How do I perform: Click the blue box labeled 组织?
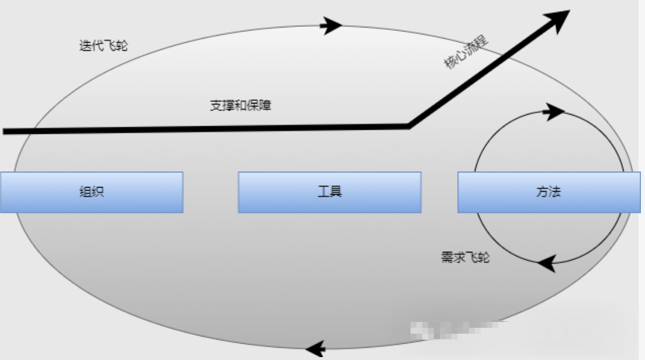pyautogui.click(x=91, y=192)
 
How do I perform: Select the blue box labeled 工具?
pyautogui.click(x=329, y=192)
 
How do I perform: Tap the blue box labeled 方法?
pyautogui.click(x=548, y=192)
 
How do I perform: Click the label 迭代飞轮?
pyautogui.click(x=103, y=46)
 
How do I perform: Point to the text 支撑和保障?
pyautogui.click(x=240, y=106)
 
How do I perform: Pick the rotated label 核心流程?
pyautogui.click(x=467, y=53)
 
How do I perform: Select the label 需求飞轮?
pyautogui.click(x=465, y=257)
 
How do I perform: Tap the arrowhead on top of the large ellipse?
pyautogui.click(x=332, y=25)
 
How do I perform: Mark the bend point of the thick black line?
pyautogui.click(x=409, y=125)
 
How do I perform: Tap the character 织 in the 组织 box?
pyautogui.click(x=98, y=192)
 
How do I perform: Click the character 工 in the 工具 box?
pyautogui.click(x=323, y=192)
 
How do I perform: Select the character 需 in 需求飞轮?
pyautogui.click(x=447, y=257)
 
